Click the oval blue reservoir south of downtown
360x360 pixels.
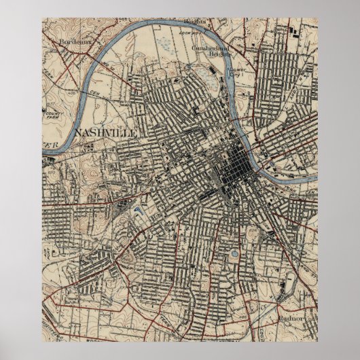point(234,255)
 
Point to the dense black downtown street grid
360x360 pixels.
point(237,164)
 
